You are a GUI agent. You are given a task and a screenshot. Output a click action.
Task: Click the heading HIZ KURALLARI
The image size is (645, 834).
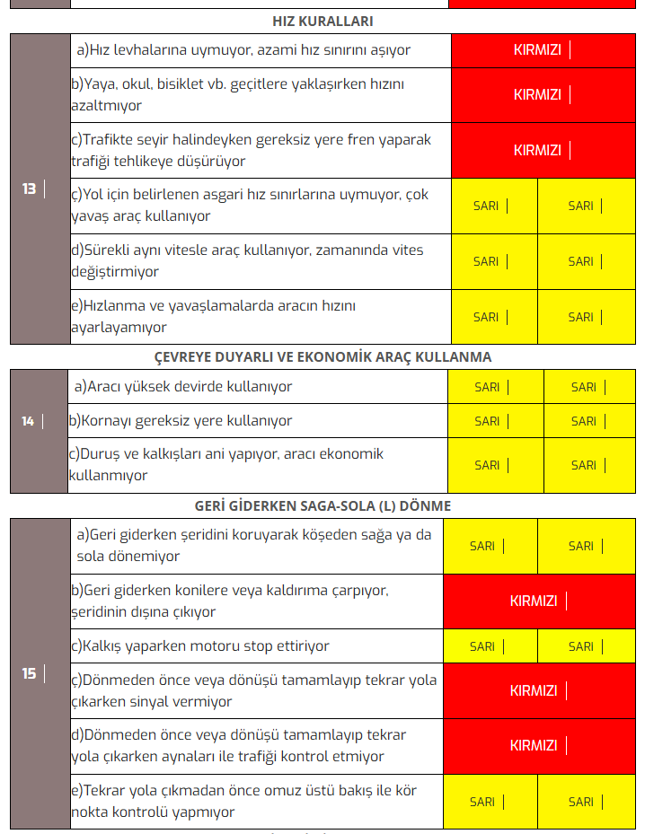pos(322,21)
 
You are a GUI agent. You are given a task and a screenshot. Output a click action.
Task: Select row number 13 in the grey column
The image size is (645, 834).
pos(30,189)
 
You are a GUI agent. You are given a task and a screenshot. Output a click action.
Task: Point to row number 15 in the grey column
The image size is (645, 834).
pos(30,673)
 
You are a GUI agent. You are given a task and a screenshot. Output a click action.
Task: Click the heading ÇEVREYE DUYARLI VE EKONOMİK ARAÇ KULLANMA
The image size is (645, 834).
pos(322,356)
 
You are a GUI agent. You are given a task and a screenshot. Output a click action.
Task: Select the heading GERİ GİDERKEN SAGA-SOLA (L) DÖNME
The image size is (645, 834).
pos(322,505)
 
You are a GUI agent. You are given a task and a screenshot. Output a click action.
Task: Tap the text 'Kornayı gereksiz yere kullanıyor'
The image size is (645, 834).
pos(181,420)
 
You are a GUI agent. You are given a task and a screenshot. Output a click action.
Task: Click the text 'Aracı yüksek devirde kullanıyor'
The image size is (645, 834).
pos(183,386)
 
